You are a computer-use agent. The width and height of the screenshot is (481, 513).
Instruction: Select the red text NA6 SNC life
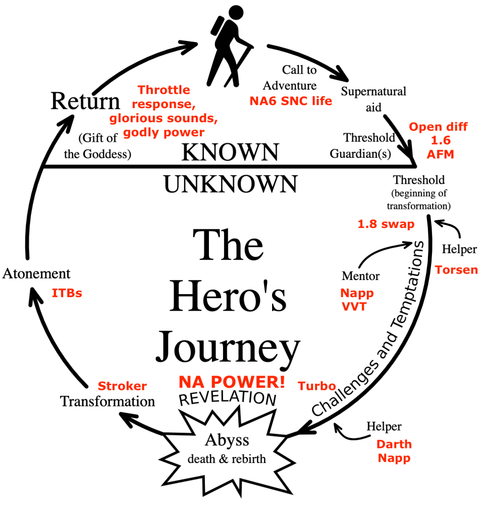pyautogui.click(x=291, y=101)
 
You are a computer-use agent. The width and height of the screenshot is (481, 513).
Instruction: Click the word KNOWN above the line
pyautogui.click(x=229, y=152)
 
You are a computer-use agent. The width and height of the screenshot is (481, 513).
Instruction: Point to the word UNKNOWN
pyautogui.click(x=230, y=184)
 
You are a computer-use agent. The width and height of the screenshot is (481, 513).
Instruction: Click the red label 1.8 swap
pyautogui.click(x=386, y=224)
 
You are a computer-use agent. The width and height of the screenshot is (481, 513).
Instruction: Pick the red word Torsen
pyautogui.click(x=456, y=270)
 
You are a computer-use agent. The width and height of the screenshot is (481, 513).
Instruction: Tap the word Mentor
pyautogui.click(x=360, y=276)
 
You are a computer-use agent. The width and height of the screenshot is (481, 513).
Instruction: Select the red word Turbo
pyautogui.click(x=317, y=386)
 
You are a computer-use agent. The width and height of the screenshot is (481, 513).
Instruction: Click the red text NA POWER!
pyautogui.click(x=232, y=382)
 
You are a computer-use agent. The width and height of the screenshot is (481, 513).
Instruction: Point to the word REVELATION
pyautogui.click(x=227, y=399)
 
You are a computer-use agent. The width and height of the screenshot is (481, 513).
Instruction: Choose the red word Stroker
pyautogui.click(x=122, y=386)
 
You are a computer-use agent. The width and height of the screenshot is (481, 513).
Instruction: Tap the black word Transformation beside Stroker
pyautogui.click(x=107, y=401)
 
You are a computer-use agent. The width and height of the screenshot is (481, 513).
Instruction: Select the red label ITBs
pyautogui.click(x=67, y=293)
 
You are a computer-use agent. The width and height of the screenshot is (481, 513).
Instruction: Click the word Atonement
pyautogui.click(x=37, y=274)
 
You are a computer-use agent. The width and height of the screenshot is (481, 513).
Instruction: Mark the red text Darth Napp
pyautogui.click(x=394, y=451)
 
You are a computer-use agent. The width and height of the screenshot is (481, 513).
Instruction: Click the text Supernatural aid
pyautogui.click(x=373, y=99)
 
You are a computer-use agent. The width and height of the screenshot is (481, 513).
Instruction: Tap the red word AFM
pyautogui.click(x=440, y=155)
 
